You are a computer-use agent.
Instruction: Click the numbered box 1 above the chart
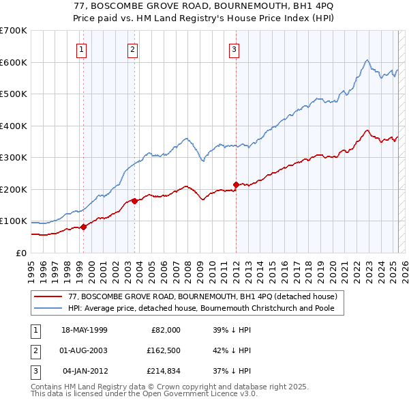click(82, 48)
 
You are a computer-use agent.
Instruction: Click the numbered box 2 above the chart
click(132, 48)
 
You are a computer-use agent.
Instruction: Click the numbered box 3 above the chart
click(234, 48)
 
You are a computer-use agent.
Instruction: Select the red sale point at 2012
click(236, 184)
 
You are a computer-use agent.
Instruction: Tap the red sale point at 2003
click(135, 201)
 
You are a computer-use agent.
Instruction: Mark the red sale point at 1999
click(83, 227)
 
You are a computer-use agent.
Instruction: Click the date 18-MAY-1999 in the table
click(85, 329)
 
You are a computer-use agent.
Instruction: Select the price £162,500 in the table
click(162, 350)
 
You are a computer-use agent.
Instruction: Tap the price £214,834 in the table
click(162, 372)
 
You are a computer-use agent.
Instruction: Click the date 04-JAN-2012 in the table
click(85, 372)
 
